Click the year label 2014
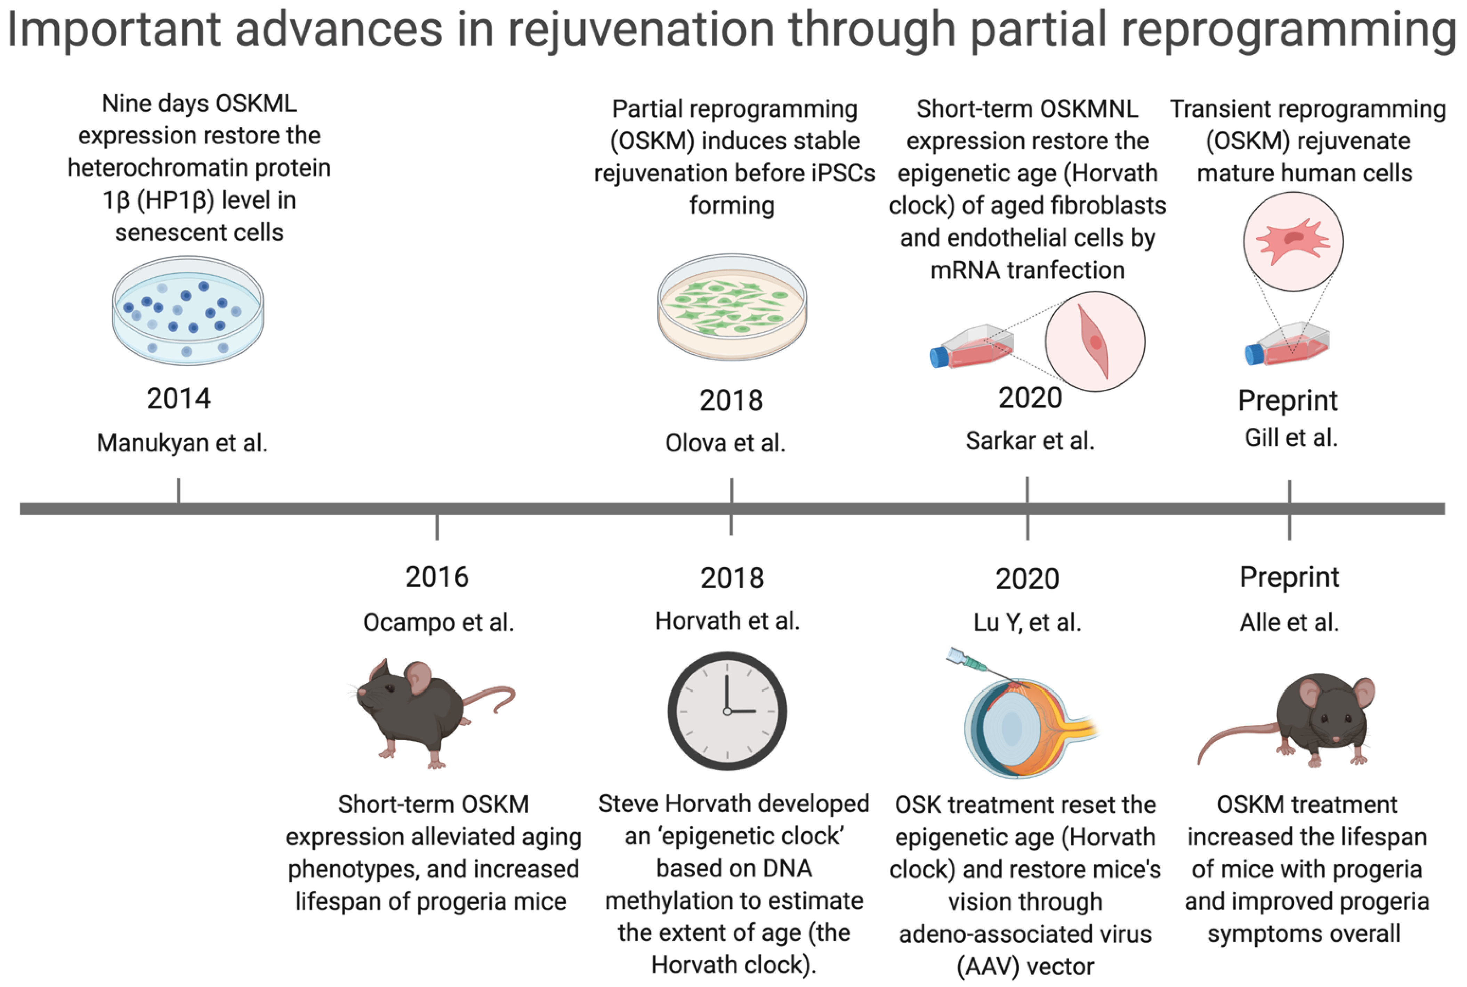click(179, 399)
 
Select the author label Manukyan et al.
click(182, 443)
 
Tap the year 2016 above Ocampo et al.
click(437, 577)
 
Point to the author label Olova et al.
click(726, 443)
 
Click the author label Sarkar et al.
click(1030, 441)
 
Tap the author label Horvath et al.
click(727, 621)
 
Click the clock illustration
click(727, 711)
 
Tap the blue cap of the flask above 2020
click(939, 357)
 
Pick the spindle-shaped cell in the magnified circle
click(1095, 341)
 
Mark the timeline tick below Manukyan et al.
click(179, 490)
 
